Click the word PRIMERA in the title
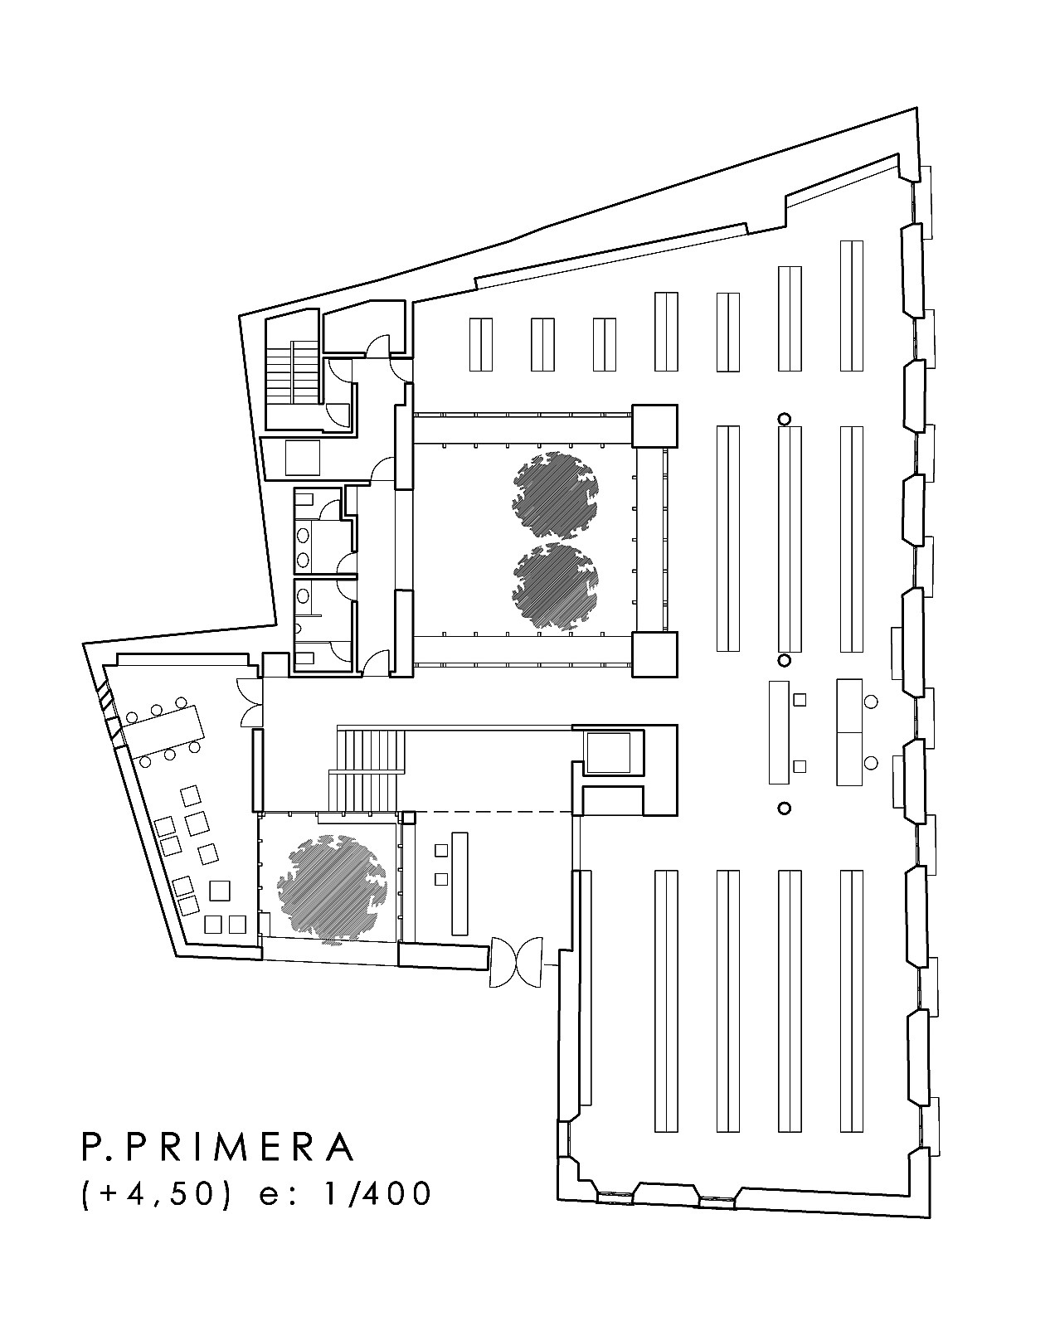pyautogui.click(x=243, y=1148)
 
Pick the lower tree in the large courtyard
pyautogui.click(x=555, y=586)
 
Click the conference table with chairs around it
pyautogui.click(x=164, y=731)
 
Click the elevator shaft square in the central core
pyautogui.click(x=608, y=752)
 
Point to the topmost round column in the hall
pyautogui.click(x=784, y=419)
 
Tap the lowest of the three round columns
pyautogui.click(x=784, y=808)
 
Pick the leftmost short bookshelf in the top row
pyautogui.click(x=481, y=344)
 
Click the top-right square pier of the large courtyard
pyautogui.click(x=654, y=425)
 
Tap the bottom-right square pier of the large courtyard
pyautogui.click(x=654, y=654)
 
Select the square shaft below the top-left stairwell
pyautogui.click(x=303, y=457)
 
